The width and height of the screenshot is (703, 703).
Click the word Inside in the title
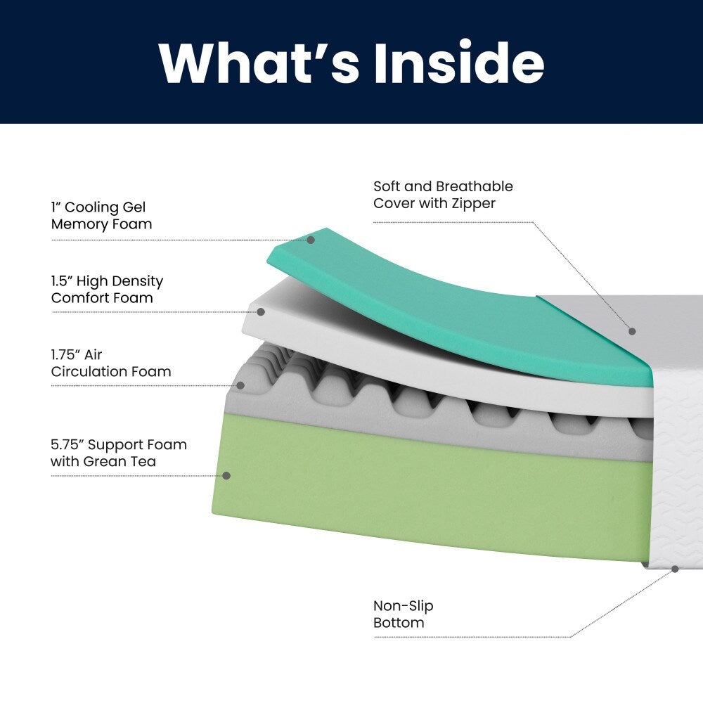point(459,63)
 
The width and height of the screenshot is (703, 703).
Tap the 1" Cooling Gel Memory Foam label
point(101,216)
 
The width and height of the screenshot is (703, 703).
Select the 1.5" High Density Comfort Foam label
point(107,289)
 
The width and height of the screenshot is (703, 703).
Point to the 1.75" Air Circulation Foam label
point(110,363)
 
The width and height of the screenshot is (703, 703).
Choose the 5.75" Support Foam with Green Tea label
point(118,453)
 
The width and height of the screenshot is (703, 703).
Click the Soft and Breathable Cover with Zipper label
point(443,195)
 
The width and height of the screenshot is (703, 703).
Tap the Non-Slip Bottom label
point(403,614)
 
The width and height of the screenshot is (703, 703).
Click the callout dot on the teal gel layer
point(311,240)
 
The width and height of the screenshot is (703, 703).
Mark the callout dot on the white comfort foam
point(261,311)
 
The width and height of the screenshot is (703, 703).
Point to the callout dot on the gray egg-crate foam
point(240,385)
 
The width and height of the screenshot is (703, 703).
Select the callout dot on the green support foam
point(226,476)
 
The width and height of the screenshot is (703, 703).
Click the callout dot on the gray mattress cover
point(632,330)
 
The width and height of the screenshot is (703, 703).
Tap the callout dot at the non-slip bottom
point(675,569)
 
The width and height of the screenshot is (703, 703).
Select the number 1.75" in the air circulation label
point(68,354)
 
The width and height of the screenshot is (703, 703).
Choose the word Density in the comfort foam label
point(138,280)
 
